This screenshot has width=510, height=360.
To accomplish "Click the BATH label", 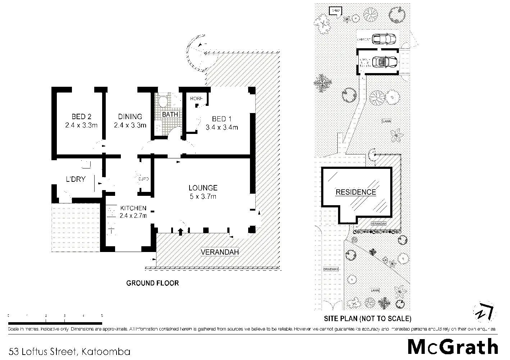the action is (x=170, y=114).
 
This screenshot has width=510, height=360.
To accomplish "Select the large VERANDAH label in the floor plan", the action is (x=220, y=252).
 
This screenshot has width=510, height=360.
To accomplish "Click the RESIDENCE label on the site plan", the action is (x=356, y=192).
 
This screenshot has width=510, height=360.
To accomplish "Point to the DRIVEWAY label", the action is (x=331, y=269).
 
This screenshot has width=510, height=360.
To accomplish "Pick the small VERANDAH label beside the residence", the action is (x=378, y=224).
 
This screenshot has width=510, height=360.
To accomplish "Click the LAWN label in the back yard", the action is (x=387, y=121).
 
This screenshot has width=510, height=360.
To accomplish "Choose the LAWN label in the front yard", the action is (x=375, y=290).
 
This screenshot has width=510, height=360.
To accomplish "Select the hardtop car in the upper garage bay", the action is (x=383, y=39).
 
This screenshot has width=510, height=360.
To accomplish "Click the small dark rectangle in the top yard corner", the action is (x=335, y=11).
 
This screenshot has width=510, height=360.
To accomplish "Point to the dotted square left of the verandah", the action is (x=74, y=228).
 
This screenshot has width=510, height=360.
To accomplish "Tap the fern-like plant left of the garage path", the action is (x=323, y=83).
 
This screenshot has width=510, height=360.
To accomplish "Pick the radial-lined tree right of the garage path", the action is (x=377, y=98).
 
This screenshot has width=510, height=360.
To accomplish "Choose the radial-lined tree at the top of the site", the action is (x=370, y=14).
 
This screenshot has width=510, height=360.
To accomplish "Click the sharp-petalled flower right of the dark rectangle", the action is (x=347, y=19).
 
